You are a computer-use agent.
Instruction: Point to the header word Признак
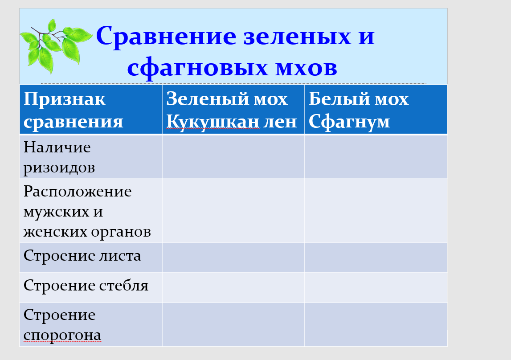click(65, 99)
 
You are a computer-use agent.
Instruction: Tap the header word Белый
click(339, 99)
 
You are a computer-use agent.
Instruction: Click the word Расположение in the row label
click(78, 192)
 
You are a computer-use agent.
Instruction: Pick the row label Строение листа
click(82, 256)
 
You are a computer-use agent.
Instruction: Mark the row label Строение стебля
click(86, 286)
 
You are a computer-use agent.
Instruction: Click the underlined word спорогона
click(62, 335)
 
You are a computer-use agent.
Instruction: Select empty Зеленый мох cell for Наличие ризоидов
click(233, 157)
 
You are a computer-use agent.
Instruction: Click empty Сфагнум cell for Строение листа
click(376, 258)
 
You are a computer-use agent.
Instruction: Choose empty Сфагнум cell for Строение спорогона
click(376, 324)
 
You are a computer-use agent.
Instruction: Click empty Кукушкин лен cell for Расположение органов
click(233, 211)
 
